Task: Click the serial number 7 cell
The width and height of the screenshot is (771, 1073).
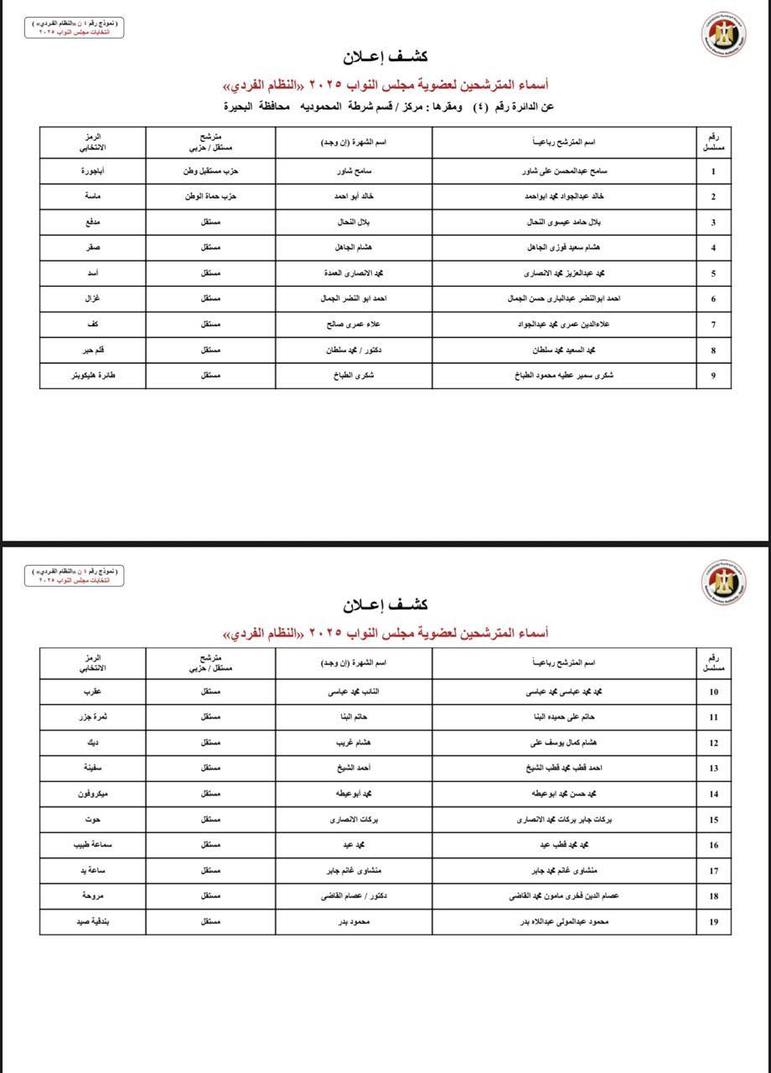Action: pos(713,324)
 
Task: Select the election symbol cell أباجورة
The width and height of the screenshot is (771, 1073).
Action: pos(93,172)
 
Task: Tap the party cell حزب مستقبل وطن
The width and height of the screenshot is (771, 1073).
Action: pos(210,172)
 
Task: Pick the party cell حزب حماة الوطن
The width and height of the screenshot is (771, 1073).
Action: pos(210,197)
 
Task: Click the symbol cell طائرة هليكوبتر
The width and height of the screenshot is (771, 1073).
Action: pos(93,376)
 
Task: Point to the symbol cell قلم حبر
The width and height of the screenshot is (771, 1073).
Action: pos(93,350)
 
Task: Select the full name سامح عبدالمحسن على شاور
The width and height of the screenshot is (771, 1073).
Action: pos(563,172)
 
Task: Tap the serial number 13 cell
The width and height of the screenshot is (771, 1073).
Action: pos(713,768)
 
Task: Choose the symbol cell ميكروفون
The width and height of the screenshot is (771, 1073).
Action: pos(93,793)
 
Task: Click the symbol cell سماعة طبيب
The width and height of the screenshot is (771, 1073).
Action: pos(93,845)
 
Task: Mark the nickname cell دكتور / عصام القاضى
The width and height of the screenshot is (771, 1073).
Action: pos(354,895)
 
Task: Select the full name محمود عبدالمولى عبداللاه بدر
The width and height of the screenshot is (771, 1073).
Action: pos(563,921)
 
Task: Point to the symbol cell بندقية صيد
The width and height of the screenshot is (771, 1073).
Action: pos(93,921)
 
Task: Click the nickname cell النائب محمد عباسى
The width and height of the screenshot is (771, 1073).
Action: pos(354,692)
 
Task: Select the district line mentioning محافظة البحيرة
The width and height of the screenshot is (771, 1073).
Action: pos(388,106)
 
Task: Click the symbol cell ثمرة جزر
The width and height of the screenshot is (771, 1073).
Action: pos(93,718)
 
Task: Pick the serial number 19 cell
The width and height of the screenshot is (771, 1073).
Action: pos(713,921)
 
